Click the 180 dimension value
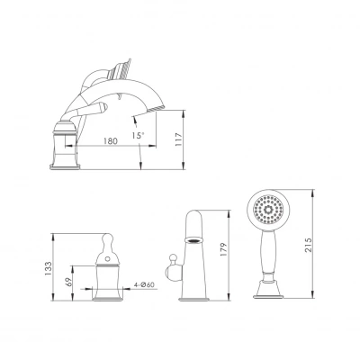[x=111, y=141]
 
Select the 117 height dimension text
[x=178, y=139]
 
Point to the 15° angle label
[x=138, y=135]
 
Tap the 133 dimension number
[x=48, y=269]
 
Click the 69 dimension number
[x=69, y=282]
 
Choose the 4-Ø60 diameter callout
[x=145, y=284]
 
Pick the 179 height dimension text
[x=224, y=249]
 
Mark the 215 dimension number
[x=309, y=245]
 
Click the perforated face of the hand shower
[x=268, y=210]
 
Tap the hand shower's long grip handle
[x=268, y=252]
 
